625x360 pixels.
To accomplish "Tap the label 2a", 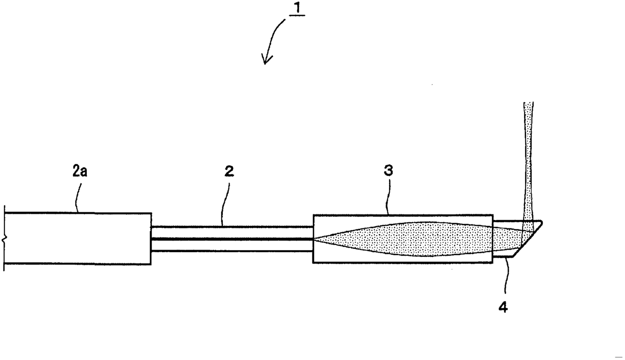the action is [x=80, y=171].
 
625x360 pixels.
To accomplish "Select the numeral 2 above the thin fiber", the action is [x=229, y=171].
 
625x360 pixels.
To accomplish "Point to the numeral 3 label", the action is [x=389, y=170].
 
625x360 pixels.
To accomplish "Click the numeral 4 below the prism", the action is [x=503, y=307].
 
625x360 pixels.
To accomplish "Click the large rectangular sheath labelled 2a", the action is [x=78, y=238].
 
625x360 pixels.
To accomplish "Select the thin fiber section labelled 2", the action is [x=232, y=239].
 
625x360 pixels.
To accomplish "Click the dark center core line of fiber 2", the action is [x=232, y=239].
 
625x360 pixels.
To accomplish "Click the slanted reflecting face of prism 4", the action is [x=527, y=239].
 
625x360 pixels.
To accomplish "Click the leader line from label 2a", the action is [x=78, y=198].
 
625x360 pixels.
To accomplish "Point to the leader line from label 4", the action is [x=507, y=275].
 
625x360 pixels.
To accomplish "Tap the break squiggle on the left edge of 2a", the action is [x=4, y=238].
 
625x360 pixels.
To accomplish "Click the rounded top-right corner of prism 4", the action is [x=541, y=222].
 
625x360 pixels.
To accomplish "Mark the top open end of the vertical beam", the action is [x=528, y=102].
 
